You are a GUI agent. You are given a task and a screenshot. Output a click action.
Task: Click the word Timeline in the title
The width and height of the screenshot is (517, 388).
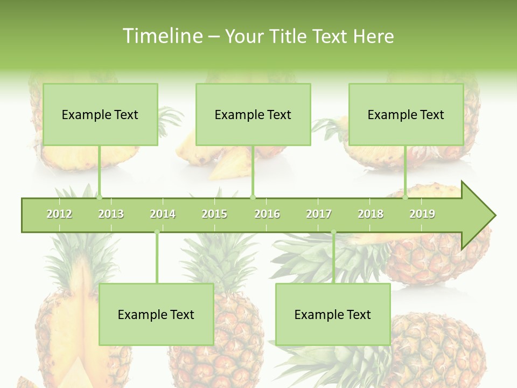(x=162, y=36)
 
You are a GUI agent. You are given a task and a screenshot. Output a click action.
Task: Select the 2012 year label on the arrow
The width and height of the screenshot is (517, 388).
(x=59, y=214)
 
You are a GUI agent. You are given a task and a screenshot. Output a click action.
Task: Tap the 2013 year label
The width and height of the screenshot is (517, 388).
(x=111, y=214)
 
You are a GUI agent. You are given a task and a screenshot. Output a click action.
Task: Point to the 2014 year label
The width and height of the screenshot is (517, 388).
(x=163, y=214)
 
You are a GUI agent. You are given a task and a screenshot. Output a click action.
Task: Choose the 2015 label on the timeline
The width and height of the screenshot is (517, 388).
(x=214, y=214)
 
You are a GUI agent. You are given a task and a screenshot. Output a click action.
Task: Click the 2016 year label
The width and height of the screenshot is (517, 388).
(x=267, y=214)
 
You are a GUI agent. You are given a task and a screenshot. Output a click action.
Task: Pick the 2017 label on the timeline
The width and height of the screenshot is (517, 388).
(x=319, y=214)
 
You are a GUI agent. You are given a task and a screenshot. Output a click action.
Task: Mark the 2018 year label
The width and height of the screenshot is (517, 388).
(x=371, y=214)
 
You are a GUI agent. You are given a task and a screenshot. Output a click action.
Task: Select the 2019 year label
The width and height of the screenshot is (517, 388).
(x=422, y=214)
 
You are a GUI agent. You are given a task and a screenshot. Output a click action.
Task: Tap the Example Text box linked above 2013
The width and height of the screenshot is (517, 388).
(x=100, y=115)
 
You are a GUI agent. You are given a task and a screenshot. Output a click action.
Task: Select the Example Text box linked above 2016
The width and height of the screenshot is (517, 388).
(x=253, y=115)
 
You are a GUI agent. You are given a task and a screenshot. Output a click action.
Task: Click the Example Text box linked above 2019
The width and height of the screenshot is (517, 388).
(x=406, y=115)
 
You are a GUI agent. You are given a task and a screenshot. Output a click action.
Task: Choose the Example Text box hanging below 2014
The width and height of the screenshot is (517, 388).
(x=156, y=315)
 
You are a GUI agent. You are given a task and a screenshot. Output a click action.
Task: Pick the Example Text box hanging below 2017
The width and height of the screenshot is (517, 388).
(x=333, y=315)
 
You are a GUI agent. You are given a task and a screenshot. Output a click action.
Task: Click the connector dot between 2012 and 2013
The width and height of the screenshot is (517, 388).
(x=99, y=197)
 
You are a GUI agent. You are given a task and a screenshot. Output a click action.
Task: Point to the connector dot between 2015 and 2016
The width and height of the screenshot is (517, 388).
(x=253, y=197)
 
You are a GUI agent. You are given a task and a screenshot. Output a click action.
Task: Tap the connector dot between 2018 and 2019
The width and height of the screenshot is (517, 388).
(x=406, y=197)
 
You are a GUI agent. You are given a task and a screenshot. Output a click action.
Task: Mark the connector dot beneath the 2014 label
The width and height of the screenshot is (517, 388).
(x=157, y=232)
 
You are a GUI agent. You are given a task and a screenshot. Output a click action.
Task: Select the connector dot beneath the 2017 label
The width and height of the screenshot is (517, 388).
(x=333, y=232)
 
